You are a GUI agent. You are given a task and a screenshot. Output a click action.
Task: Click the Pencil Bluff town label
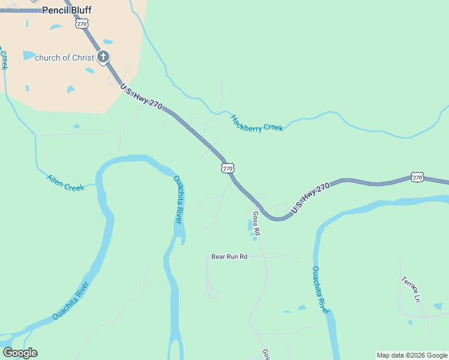(67, 10)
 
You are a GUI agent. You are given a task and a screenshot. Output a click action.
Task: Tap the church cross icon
(103, 58)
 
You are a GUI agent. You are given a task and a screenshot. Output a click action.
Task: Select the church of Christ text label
(64, 58)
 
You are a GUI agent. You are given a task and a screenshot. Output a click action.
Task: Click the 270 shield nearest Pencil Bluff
(82, 24)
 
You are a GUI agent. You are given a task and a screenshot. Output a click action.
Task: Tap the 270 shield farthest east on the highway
(418, 177)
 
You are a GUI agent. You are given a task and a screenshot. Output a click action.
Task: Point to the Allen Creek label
(65, 183)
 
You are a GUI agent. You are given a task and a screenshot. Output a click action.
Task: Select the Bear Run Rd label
(229, 257)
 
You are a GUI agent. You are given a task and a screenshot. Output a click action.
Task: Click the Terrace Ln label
(411, 289)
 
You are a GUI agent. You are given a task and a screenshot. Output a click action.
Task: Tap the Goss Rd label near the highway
(256, 223)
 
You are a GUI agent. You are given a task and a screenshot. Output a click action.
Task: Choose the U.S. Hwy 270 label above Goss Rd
(311, 198)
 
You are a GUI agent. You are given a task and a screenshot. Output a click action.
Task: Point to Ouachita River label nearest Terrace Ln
(321, 290)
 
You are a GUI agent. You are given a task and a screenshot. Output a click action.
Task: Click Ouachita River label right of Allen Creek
(178, 200)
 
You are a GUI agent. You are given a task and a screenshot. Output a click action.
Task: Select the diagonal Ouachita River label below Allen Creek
(71, 300)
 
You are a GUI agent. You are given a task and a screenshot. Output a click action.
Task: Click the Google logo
(20, 353)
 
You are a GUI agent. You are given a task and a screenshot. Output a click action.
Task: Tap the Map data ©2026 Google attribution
(412, 355)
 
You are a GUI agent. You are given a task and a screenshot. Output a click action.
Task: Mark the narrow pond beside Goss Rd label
(250, 226)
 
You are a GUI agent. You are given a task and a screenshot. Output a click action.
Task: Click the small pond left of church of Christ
(28, 55)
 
